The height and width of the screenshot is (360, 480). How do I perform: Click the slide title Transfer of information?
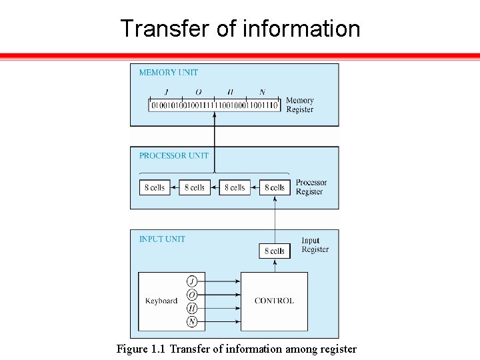(x=240, y=29)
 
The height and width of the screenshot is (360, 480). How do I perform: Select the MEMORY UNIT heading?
(x=168, y=73)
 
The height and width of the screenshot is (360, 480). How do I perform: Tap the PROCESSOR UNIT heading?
(x=173, y=156)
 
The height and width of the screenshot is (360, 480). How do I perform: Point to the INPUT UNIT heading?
(x=162, y=239)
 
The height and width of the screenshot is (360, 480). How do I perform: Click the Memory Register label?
(x=299, y=105)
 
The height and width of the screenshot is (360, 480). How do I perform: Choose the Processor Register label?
(x=311, y=187)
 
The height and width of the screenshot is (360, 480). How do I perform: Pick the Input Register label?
(x=315, y=245)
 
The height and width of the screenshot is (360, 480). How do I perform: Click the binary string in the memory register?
(x=214, y=105)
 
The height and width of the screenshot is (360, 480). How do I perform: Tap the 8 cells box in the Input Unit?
(x=275, y=251)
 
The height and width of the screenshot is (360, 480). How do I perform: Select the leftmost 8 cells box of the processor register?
(x=155, y=188)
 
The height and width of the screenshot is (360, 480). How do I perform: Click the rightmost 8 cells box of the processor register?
(x=275, y=188)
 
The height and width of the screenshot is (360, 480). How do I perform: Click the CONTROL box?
(x=274, y=301)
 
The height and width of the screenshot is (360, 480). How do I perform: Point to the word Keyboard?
(x=161, y=301)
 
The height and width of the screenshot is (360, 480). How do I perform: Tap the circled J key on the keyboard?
(x=192, y=281)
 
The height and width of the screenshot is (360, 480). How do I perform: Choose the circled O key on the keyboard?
(x=192, y=295)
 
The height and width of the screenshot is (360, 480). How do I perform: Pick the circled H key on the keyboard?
(x=192, y=308)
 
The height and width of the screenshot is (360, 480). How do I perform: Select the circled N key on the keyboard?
(x=192, y=322)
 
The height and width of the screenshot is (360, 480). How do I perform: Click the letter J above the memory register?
(x=165, y=92)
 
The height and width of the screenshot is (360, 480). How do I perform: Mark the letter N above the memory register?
(x=262, y=92)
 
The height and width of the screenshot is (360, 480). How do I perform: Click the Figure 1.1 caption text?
(x=237, y=349)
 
